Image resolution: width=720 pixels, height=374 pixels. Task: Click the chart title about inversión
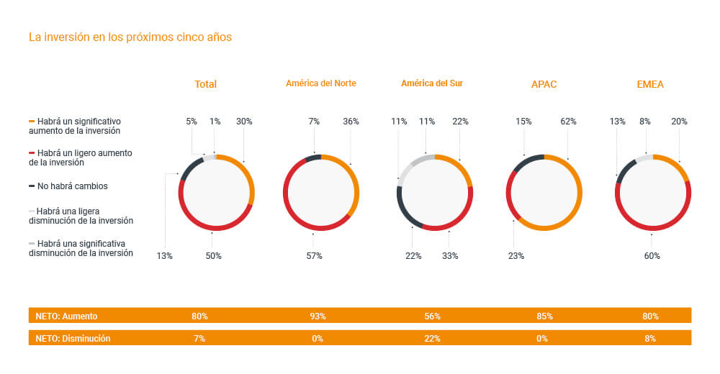tap(130, 37)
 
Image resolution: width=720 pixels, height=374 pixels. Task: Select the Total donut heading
tap(205, 84)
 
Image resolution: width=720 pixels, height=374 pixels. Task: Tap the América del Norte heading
tap(320, 83)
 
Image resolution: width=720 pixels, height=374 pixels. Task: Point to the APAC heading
tap(544, 84)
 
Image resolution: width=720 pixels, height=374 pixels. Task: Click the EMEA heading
tap(650, 84)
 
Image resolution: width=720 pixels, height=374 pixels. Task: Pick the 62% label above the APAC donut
tap(568, 122)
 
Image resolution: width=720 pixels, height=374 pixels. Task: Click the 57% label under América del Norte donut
tap(314, 256)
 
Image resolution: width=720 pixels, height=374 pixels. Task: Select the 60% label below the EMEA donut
tap(652, 256)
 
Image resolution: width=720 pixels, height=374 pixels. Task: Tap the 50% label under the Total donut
tap(213, 256)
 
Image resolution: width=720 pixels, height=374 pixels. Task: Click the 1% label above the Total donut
tap(215, 122)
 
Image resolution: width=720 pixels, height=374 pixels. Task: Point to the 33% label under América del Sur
tap(449, 256)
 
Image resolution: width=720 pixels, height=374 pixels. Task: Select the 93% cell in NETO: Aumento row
tap(318, 316)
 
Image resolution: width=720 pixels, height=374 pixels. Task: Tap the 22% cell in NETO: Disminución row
tap(433, 338)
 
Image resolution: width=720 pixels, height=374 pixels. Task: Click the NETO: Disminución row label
tap(73, 338)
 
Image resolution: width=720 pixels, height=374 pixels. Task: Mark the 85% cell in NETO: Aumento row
tap(544, 316)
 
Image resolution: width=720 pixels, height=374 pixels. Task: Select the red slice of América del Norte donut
tap(295, 216)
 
